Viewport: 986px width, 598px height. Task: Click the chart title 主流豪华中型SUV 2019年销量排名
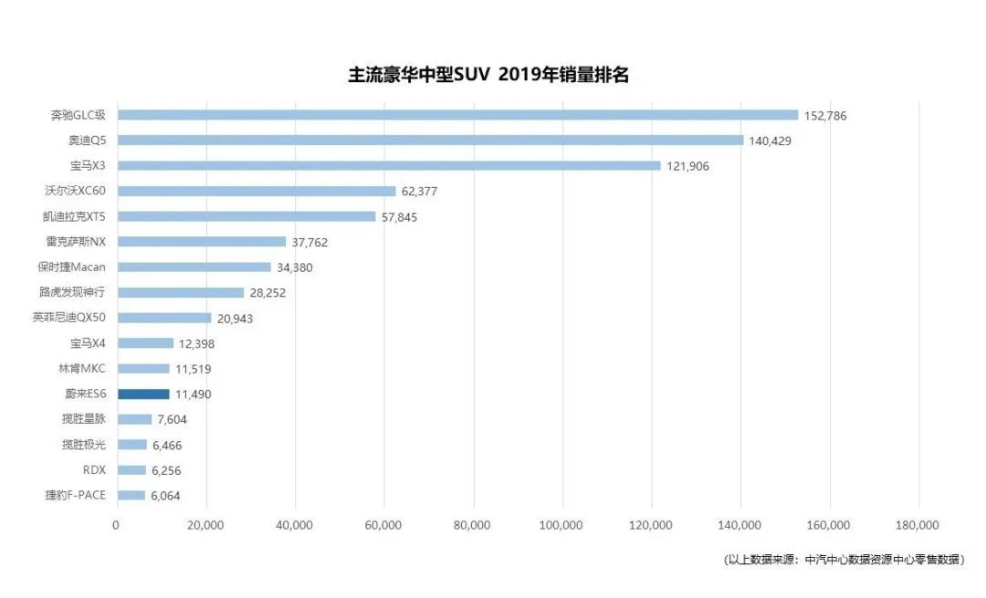pyautogui.click(x=488, y=75)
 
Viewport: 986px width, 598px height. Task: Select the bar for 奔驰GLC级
pyautogui.click(x=457, y=115)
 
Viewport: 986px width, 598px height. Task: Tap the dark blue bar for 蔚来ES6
pyautogui.click(x=143, y=394)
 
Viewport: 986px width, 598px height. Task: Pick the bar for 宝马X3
pyautogui.click(x=389, y=166)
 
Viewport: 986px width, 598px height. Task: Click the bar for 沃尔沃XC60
pyautogui.click(x=257, y=192)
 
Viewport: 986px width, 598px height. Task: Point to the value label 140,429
pyautogui.click(x=774, y=141)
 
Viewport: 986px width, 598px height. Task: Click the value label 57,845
pyautogui.click(x=400, y=217)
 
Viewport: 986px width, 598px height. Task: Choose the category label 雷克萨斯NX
pyautogui.click(x=77, y=242)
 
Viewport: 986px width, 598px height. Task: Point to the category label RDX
pyautogui.click(x=94, y=470)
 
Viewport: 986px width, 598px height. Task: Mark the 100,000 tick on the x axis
pyautogui.click(x=561, y=525)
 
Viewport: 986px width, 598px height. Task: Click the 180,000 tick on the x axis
pyautogui.click(x=918, y=525)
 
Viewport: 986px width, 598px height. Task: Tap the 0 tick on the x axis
pyautogui.click(x=116, y=525)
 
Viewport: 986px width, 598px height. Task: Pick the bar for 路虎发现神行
pyautogui.click(x=181, y=293)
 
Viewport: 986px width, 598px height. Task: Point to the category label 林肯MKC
pyautogui.click(x=82, y=369)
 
